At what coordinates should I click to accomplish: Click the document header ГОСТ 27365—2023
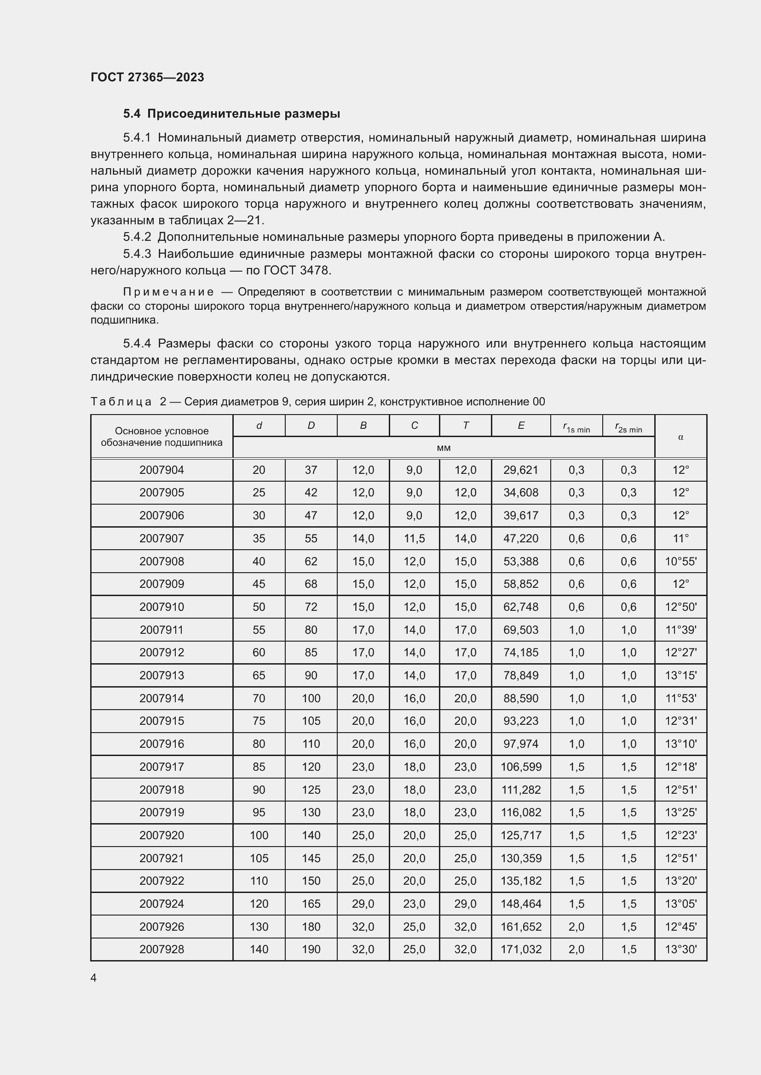coord(147,77)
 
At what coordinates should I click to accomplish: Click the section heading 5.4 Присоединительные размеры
coord(231,114)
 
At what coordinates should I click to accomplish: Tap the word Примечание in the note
coord(168,292)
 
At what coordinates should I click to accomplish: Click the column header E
coord(521,426)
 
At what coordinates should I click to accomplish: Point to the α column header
coord(680,437)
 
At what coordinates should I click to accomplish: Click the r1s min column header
coord(577,427)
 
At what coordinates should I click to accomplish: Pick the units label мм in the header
coord(443,448)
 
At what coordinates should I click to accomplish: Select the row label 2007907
coord(161,539)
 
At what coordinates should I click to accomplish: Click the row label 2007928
coord(161,949)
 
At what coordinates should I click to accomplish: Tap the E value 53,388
coord(521,561)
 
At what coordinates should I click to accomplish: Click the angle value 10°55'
coord(680,561)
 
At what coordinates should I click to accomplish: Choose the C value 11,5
coord(414,539)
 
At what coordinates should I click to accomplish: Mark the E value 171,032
coord(521,949)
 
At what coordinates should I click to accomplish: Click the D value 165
coord(311,904)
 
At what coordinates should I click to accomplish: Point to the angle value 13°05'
coord(680,904)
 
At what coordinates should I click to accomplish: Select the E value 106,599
coord(521,767)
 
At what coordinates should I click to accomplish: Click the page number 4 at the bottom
coord(94,978)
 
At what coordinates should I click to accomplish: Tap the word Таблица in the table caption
coord(121,402)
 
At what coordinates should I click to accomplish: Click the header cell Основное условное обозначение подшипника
coord(161,437)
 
